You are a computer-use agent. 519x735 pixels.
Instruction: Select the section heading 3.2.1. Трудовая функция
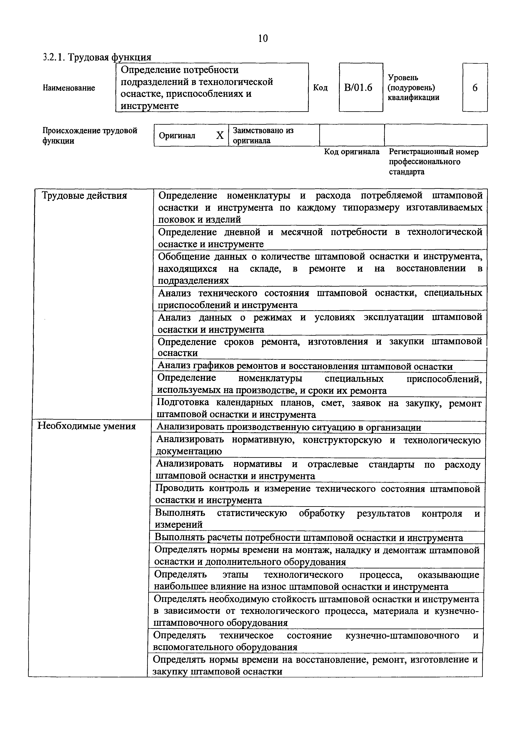pyautogui.click(x=97, y=57)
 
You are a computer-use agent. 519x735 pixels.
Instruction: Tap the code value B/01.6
pyautogui.click(x=358, y=87)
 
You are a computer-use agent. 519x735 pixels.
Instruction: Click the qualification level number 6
pyautogui.click(x=475, y=87)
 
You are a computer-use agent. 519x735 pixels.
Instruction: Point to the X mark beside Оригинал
pyautogui.click(x=220, y=135)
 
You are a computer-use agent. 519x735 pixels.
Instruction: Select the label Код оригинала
pyautogui.click(x=352, y=152)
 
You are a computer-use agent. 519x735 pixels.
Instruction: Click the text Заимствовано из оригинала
pyautogui.click(x=263, y=135)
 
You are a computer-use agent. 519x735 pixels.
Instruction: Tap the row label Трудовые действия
pyautogui.click(x=84, y=196)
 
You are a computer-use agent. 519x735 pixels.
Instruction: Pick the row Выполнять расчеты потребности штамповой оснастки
pyautogui.click(x=309, y=537)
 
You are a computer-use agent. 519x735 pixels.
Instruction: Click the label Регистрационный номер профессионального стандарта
pyautogui.click(x=433, y=162)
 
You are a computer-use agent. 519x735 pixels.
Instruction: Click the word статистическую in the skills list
pyautogui.click(x=252, y=513)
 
